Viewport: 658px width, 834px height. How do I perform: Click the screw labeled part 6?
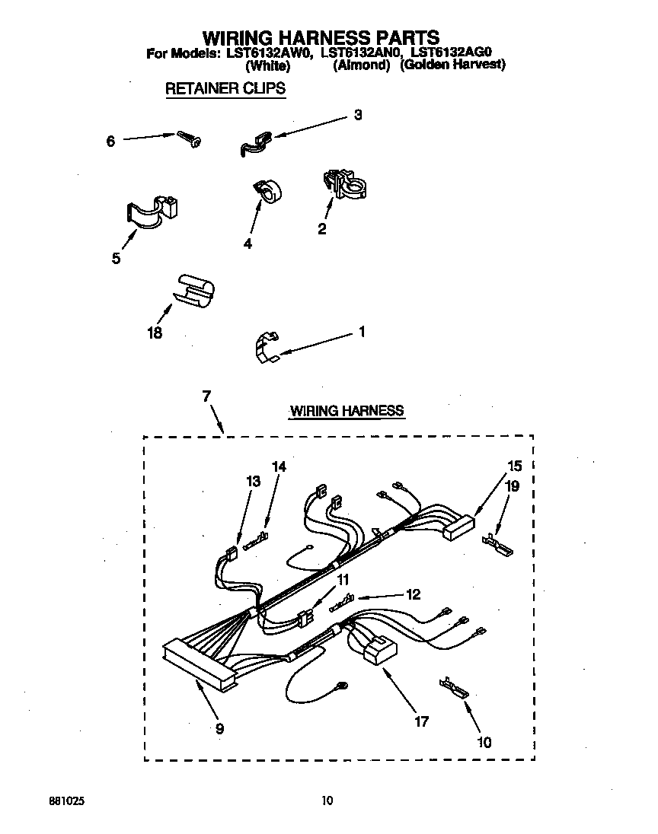pyautogui.click(x=188, y=138)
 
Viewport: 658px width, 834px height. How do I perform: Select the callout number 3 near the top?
pyautogui.click(x=357, y=116)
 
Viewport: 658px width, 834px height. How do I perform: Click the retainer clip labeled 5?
pyautogui.click(x=150, y=211)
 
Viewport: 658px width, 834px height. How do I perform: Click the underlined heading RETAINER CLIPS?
pyautogui.click(x=225, y=88)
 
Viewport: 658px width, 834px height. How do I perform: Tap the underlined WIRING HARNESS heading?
pyautogui.click(x=347, y=411)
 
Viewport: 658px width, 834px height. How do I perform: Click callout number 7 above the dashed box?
pyautogui.click(x=206, y=396)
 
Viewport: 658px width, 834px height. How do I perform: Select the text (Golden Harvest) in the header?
pyautogui.click(x=453, y=65)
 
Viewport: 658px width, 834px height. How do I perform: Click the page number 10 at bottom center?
pyautogui.click(x=327, y=800)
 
